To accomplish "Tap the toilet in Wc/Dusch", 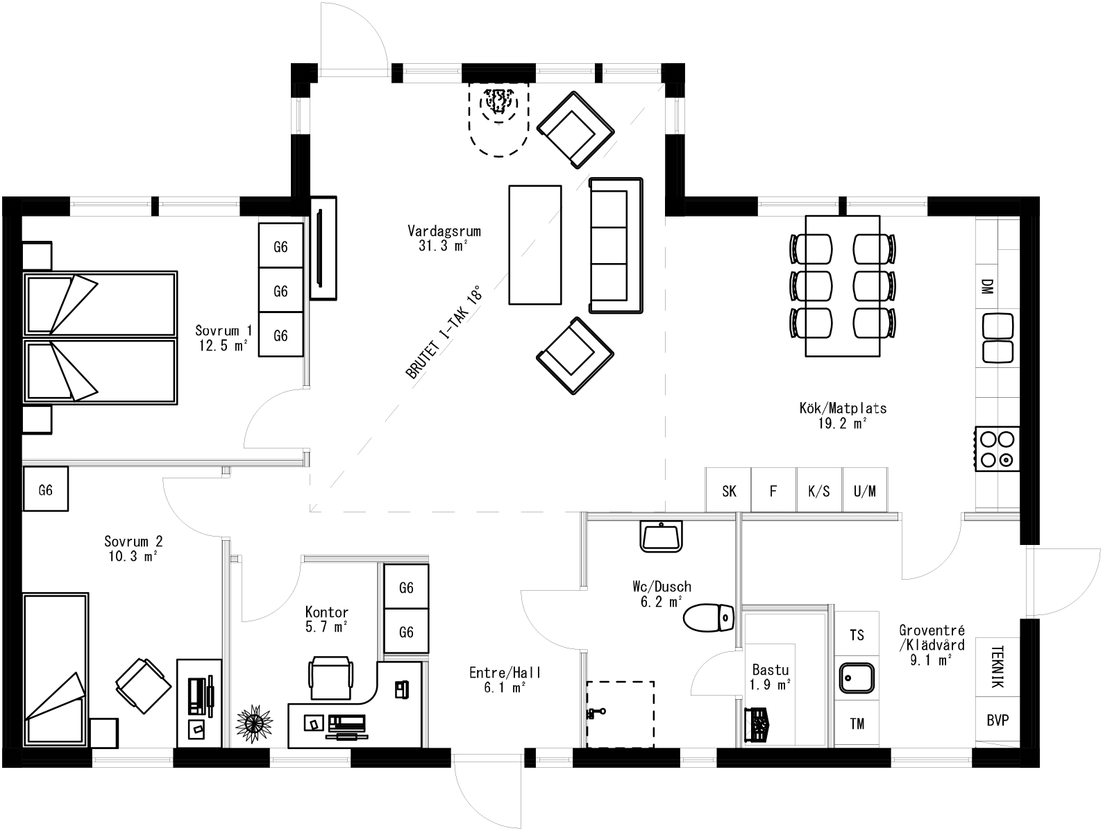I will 709,616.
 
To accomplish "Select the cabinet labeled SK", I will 729,491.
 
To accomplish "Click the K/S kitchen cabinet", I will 819,491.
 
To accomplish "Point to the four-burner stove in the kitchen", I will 997,448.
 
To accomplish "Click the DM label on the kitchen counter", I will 987,287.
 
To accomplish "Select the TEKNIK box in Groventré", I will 997,666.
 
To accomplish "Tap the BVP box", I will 997,721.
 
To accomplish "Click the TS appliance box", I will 857,635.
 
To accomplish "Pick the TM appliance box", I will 857,723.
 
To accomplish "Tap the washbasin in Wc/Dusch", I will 660,537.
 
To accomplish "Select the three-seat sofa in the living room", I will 616,245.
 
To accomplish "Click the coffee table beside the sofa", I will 534,244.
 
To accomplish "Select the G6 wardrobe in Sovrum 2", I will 46,490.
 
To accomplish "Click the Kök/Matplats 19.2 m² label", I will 843,415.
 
